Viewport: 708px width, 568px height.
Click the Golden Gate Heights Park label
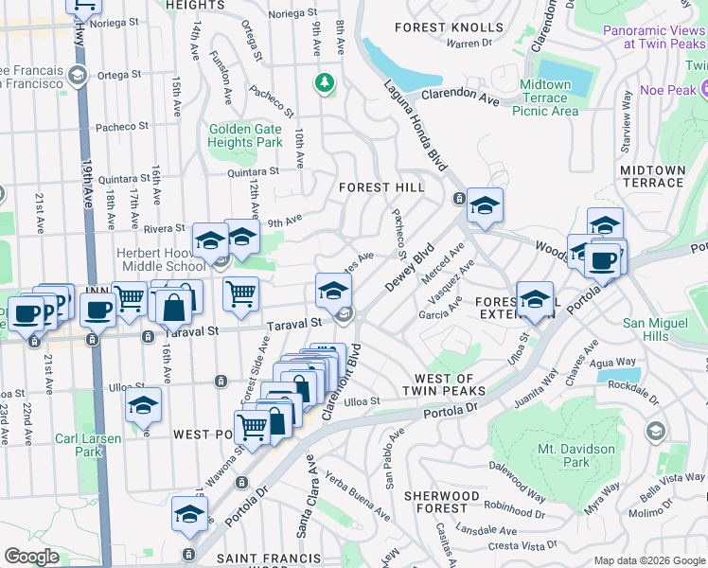pos(245,135)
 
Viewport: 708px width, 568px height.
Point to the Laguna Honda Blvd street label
pos(414,125)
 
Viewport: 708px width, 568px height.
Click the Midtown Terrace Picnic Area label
pos(545,98)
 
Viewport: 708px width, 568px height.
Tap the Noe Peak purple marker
pos(704,89)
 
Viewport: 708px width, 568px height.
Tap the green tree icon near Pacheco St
pos(326,83)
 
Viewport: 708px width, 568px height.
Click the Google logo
pos(31,556)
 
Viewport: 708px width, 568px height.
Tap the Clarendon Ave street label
pos(460,96)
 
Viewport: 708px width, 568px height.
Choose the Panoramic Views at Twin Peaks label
pos(653,36)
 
